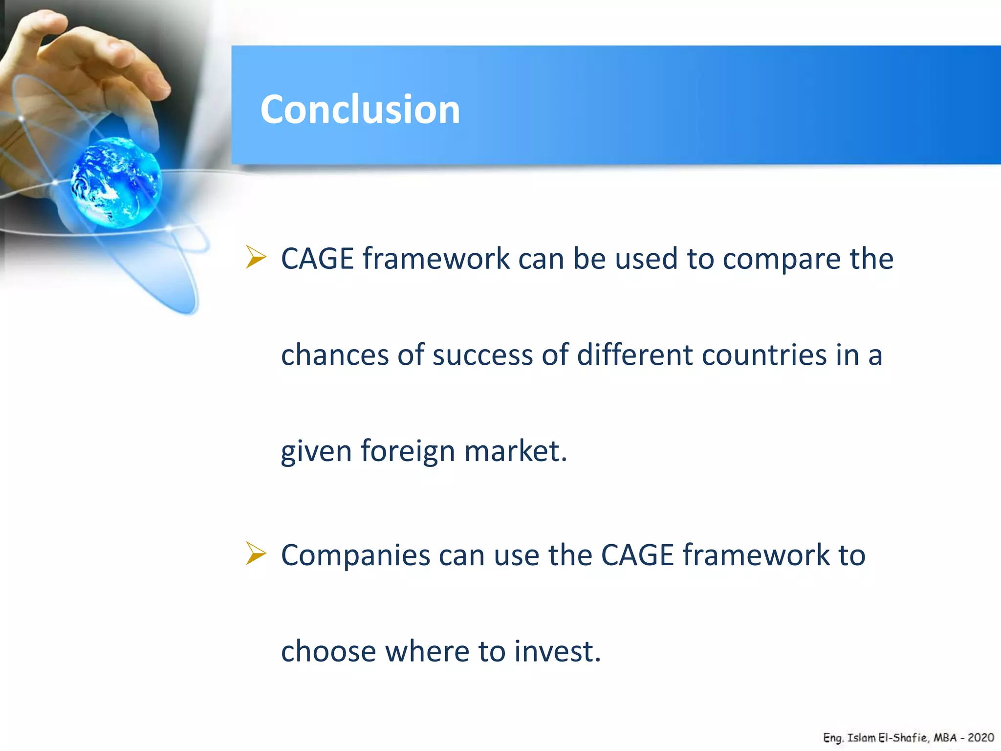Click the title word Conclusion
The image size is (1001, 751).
coord(360,109)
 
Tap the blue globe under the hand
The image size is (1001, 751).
coord(116,182)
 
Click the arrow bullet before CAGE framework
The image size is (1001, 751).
coord(256,257)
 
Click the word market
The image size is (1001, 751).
coord(515,451)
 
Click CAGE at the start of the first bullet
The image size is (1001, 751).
coord(317,259)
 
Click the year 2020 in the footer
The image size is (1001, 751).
coord(980,737)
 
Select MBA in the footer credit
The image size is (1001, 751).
coord(945,737)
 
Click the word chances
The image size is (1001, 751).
coord(335,355)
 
